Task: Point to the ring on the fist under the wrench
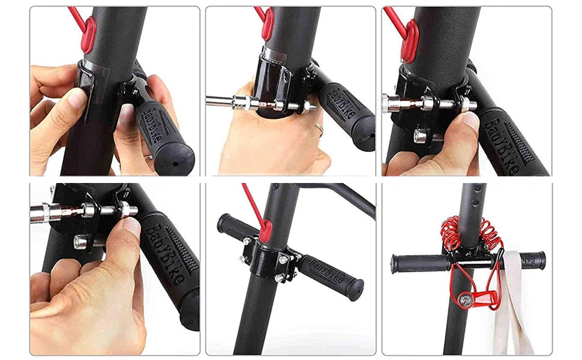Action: [x=319, y=128]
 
